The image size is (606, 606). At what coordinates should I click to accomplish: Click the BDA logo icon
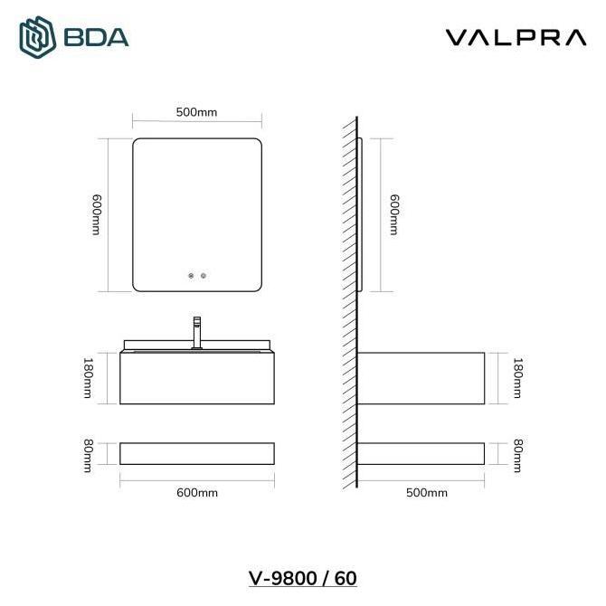click(x=38, y=37)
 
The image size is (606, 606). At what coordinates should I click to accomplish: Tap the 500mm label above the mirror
click(x=196, y=113)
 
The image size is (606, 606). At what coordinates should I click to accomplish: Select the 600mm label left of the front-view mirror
click(x=96, y=215)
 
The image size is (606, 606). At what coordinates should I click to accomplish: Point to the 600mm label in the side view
click(x=393, y=215)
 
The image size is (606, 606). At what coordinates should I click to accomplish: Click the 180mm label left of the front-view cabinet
click(x=88, y=378)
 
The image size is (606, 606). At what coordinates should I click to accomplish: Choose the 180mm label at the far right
click(x=517, y=378)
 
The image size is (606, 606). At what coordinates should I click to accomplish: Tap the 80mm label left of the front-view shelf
click(x=88, y=453)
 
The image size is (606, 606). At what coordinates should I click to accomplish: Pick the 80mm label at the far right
click(x=517, y=453)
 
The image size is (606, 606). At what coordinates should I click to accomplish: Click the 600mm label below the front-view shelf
click(x=196, y=493)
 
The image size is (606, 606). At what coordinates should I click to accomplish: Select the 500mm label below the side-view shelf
click(x=427, y=493)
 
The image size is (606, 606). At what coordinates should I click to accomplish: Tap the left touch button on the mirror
click(x=190, y=275)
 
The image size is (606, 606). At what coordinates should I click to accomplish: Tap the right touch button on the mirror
click(x=204, y=275)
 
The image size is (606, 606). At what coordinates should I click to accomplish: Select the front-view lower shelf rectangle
click(x=196, y=453)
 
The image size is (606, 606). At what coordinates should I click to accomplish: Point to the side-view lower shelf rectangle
click(x=421, y=453)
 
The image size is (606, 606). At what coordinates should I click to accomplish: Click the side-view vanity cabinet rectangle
click(x=421, y=378)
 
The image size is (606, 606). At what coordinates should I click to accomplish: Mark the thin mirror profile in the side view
click(x=361, y=215)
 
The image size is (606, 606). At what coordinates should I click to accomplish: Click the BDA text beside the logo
click(x=97, y=38)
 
